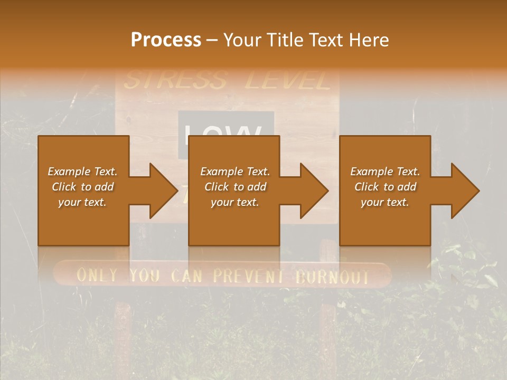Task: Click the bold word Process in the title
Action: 166,40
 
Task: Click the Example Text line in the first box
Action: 82,172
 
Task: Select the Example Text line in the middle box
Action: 234,172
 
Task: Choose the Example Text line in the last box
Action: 385,172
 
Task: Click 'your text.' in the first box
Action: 82,202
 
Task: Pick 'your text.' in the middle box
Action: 234,202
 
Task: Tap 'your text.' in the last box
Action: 385,202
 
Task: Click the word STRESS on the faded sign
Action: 175,81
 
